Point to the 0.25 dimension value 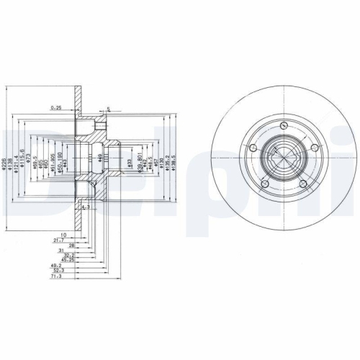[x=56, y=108]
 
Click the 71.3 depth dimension [x=55, y=275]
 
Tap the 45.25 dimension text [x=68, y=260]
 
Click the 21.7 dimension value [x=58, y=239]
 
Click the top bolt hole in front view [x=285, y=127]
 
